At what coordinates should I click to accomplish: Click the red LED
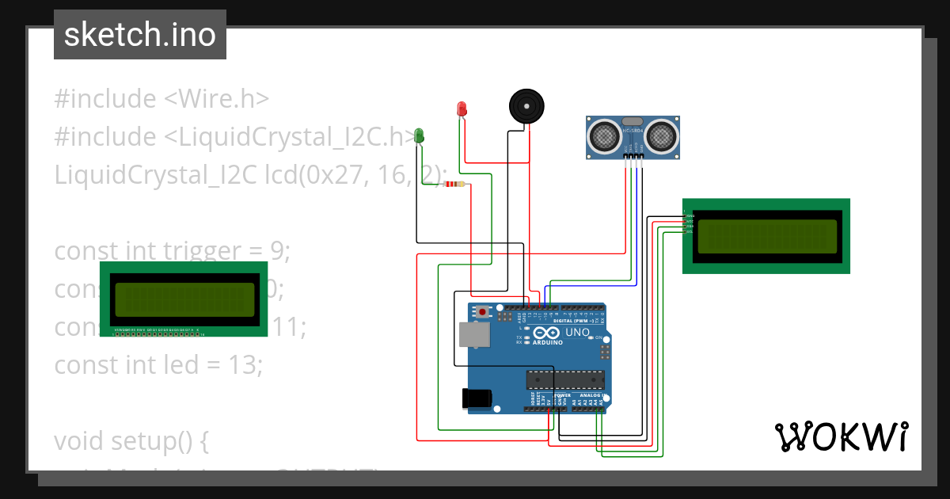462,109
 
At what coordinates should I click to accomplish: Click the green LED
420,136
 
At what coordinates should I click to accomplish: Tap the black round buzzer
526,105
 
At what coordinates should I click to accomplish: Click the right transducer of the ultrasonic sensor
662,136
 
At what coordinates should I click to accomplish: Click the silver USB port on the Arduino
474,336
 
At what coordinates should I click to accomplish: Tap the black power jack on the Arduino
478,397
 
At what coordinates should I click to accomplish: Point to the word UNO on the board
578,333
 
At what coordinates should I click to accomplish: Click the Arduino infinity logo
547,333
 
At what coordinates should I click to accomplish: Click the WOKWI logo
841,437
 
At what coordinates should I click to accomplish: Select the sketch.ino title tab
140,35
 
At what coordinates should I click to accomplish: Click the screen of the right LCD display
766,236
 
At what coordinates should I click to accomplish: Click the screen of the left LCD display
184,299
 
